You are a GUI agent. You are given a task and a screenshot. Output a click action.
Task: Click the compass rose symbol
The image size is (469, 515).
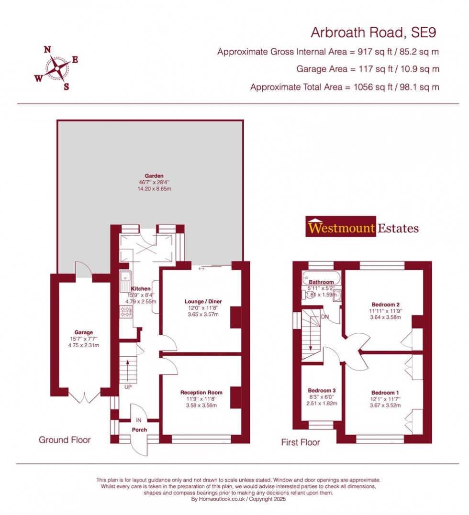coord(57,68)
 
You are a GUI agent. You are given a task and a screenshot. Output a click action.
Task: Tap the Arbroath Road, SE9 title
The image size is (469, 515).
coord(374,33)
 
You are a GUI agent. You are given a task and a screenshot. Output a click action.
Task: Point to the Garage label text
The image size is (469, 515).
coord(83,332)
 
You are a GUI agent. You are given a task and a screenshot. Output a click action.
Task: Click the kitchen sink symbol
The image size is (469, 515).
coord(126,276)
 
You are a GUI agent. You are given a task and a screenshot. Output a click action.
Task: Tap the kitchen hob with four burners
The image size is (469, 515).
coord(126,312)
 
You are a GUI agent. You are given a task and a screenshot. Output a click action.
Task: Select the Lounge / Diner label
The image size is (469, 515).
coord(203,301)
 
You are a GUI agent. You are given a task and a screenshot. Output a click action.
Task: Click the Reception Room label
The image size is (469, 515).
coord(201,392)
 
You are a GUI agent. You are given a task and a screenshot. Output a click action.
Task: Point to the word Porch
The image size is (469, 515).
coord(140,429)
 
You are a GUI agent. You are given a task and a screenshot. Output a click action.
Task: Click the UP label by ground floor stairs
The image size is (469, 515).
coord(127,386)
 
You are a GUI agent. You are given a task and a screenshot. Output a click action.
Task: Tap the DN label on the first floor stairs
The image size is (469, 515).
coord(325,317)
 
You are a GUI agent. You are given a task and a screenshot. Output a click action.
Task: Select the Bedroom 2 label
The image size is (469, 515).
coord(385,304)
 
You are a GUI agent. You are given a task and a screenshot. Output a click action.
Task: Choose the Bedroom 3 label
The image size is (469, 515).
coord(321,390)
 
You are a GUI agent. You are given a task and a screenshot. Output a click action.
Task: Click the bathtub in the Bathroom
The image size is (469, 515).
coord(321,277)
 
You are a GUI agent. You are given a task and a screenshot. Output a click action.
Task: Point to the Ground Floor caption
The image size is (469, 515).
coord(65,440)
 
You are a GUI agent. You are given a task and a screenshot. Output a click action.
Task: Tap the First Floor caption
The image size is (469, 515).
coord(300,443)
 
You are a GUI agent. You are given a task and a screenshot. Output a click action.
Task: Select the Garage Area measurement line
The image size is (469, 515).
coord(368,69)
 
